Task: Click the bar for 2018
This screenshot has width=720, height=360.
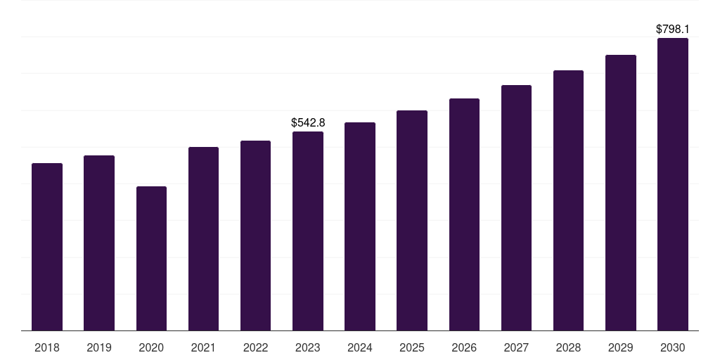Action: pyautogui.click(x=47, y=247)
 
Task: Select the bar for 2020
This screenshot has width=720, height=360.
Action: pyautogui.click(x=151, y=258)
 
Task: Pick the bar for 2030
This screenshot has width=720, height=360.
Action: pyautogui.click(x=673, y=184)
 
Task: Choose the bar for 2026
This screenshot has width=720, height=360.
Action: pyautogui.click(x=464, y=214)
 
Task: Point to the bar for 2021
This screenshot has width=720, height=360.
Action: pyautogui.click(x=203, y=238)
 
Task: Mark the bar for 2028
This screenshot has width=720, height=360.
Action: pyautogui.click(x=568, y=200)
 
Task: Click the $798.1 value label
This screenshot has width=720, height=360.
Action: pyautogui.click(x=673, y=30)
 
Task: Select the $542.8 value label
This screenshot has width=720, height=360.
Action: pyautogui.click(x=308, y=123)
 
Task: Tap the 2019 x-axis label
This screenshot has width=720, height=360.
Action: pyautogui.click(x=99, y=347)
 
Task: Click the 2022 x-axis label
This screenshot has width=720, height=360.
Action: pyautogui.click(x=255, y=347)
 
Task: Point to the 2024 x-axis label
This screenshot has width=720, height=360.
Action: pyautogui.click(x=360, y=347)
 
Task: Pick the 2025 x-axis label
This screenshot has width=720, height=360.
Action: pyautogui.click(x=412, y=347)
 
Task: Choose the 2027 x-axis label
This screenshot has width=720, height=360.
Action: pyautogui.click(x=516, y=347)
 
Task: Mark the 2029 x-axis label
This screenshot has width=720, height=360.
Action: pyautogui.click(x=621, y=347)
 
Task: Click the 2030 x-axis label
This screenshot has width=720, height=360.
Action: pyautogui.click(x=673, y=347)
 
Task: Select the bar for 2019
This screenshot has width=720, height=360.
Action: pyautogui.click(x=99, y=243)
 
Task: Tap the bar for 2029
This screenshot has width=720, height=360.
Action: pyautogui.click(x=621, y=193)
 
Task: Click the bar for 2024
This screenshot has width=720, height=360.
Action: pyautogui.click(x=360, y=226)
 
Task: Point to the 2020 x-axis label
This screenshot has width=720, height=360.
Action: pyautogui.click(x=151, y=347)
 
